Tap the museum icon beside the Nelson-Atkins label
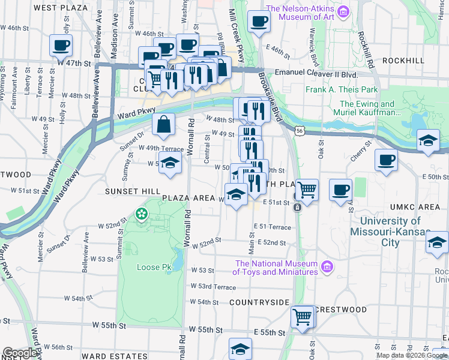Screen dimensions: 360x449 (343, 11)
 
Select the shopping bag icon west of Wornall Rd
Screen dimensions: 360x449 (163, 125)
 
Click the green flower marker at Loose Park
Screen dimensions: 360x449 (142, 214)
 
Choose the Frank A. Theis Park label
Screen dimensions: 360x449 (341, 90)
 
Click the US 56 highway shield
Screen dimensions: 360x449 (300, 130)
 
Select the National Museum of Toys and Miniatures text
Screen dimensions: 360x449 (276, 268)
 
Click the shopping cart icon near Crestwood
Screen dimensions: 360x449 (303, 316)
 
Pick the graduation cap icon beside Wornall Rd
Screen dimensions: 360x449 (170, 163)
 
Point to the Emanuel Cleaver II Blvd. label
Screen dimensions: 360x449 (316, 73)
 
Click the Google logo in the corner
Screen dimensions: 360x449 (20, 353)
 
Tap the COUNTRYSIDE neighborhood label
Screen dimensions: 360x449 (259, 302)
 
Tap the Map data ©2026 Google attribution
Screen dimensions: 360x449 (411, 355)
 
